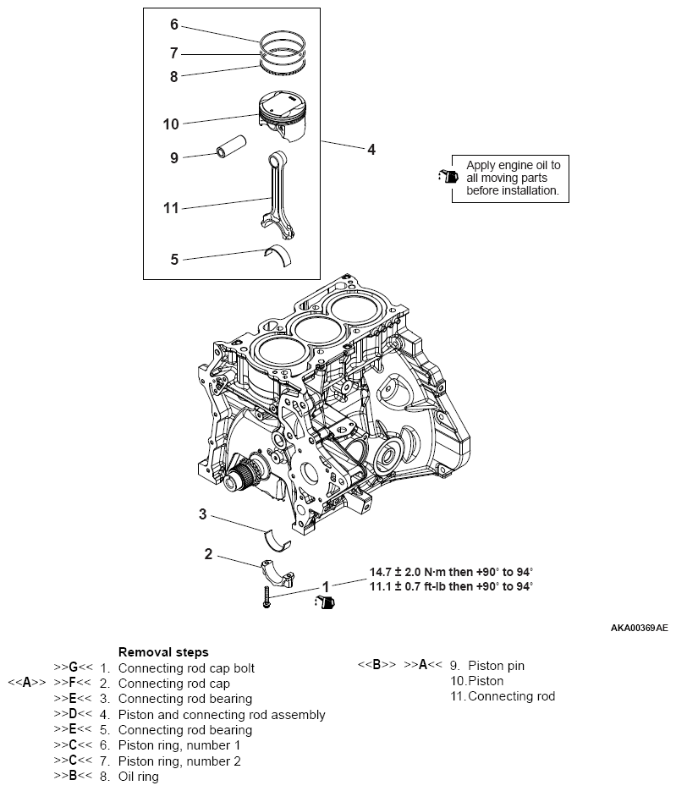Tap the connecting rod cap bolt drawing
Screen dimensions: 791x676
point(266,596)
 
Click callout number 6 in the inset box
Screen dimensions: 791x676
point(174,25)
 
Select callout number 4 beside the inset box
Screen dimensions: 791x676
point(371,150)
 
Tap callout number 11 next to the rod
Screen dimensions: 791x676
point(171,207)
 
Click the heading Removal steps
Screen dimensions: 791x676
point(163,652)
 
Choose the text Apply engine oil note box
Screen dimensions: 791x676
point(513,179)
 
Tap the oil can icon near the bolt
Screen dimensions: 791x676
point(326,602)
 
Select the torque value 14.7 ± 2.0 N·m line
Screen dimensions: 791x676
point(451,572)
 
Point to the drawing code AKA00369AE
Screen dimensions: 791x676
point(639,629)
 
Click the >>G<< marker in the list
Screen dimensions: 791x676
point(73,667)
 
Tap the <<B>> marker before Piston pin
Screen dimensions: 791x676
point(376,665)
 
